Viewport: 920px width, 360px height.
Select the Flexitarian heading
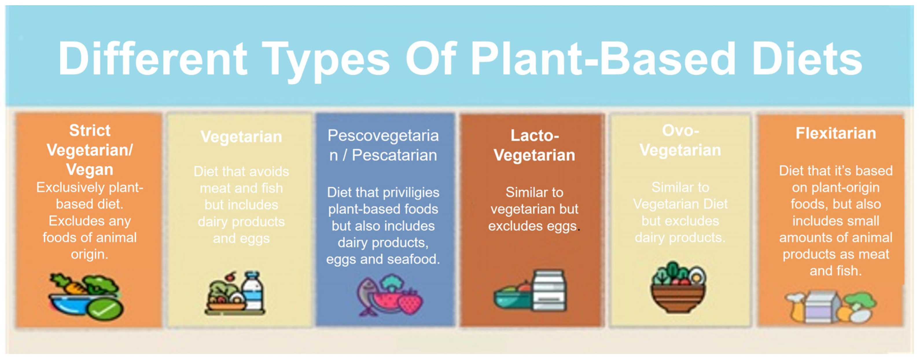[x=836, y=133]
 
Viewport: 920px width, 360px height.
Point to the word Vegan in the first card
[x=90, y=169]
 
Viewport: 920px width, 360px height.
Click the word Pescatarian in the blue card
[x=394, y=155]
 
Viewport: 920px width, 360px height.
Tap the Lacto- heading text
[x=535, y=135]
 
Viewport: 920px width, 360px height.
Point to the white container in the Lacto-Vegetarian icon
[x=549, y=290]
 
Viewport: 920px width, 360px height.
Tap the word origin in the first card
[x=89, y=255]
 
